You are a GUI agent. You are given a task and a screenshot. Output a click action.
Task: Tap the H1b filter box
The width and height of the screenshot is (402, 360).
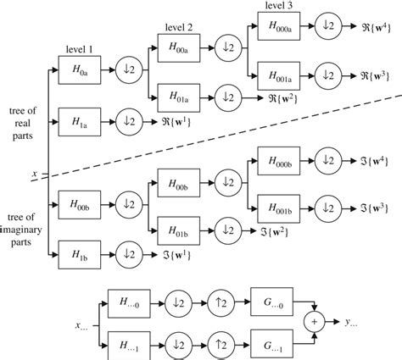click(x=81, y=253)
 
